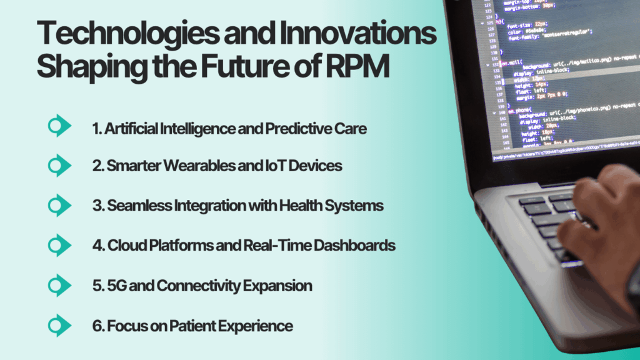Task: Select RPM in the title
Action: pyautogui.click(x=356, y=68)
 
